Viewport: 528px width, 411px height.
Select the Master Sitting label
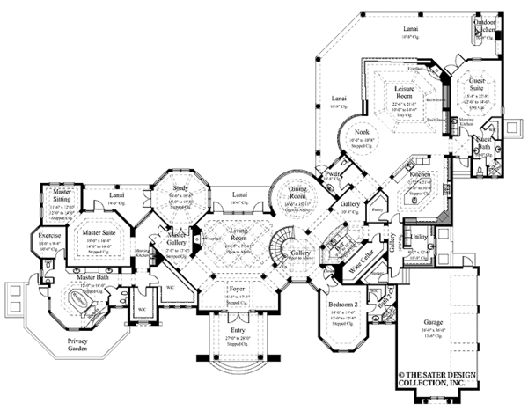click(62, 194)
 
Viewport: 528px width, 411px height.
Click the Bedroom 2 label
click(341, 304)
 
